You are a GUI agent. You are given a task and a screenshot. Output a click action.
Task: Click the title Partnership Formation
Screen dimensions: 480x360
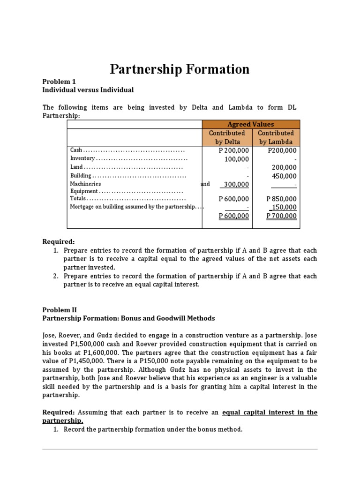coord(180,69)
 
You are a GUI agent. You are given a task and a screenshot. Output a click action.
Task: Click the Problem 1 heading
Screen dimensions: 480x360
coord(59,81)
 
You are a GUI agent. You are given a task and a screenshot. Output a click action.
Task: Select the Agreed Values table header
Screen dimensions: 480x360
coord(250,124)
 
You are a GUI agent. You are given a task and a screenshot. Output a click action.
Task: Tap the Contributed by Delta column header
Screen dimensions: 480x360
coord(227,137)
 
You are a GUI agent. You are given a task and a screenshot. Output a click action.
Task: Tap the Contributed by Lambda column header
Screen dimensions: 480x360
coord(276,137)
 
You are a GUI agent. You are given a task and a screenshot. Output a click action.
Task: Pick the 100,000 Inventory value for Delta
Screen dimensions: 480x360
coord(237,159)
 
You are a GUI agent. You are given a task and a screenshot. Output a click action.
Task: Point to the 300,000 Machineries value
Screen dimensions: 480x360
coord(236,185)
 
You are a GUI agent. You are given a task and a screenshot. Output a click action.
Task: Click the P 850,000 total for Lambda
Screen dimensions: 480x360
coord(281,199)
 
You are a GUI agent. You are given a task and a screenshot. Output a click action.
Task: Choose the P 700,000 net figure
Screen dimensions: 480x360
coord(281,216)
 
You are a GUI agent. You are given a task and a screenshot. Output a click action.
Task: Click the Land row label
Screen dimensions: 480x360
coord(76,167)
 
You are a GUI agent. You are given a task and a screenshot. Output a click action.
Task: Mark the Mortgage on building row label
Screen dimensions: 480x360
coord(132,207)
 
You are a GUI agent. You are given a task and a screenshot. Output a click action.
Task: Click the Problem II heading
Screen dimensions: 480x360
coord(60,310)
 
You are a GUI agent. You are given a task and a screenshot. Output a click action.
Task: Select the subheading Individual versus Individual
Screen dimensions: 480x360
coord(88,90)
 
